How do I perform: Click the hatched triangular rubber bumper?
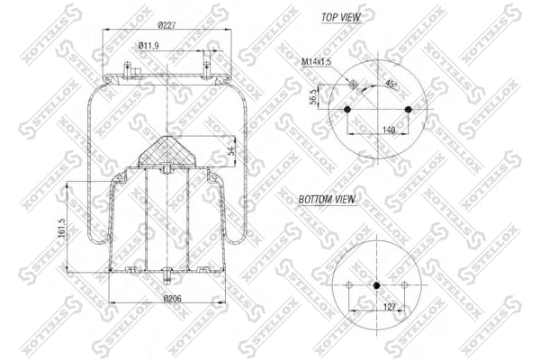click(x=169, y=149)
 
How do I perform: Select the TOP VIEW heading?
click(x=340, y=17)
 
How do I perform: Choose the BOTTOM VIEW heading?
click(x=327, y=199)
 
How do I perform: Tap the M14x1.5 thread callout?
click(x=316, y=61)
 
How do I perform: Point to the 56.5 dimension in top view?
click(x=312, y=97)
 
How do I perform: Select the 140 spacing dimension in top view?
click(x=389, y=130)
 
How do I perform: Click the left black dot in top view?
click(x=347, y=110)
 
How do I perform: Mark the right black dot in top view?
click(x=408, y=110)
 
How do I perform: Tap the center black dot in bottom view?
click(x=376, y=285)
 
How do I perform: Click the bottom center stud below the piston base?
click(x=169, y=274)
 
